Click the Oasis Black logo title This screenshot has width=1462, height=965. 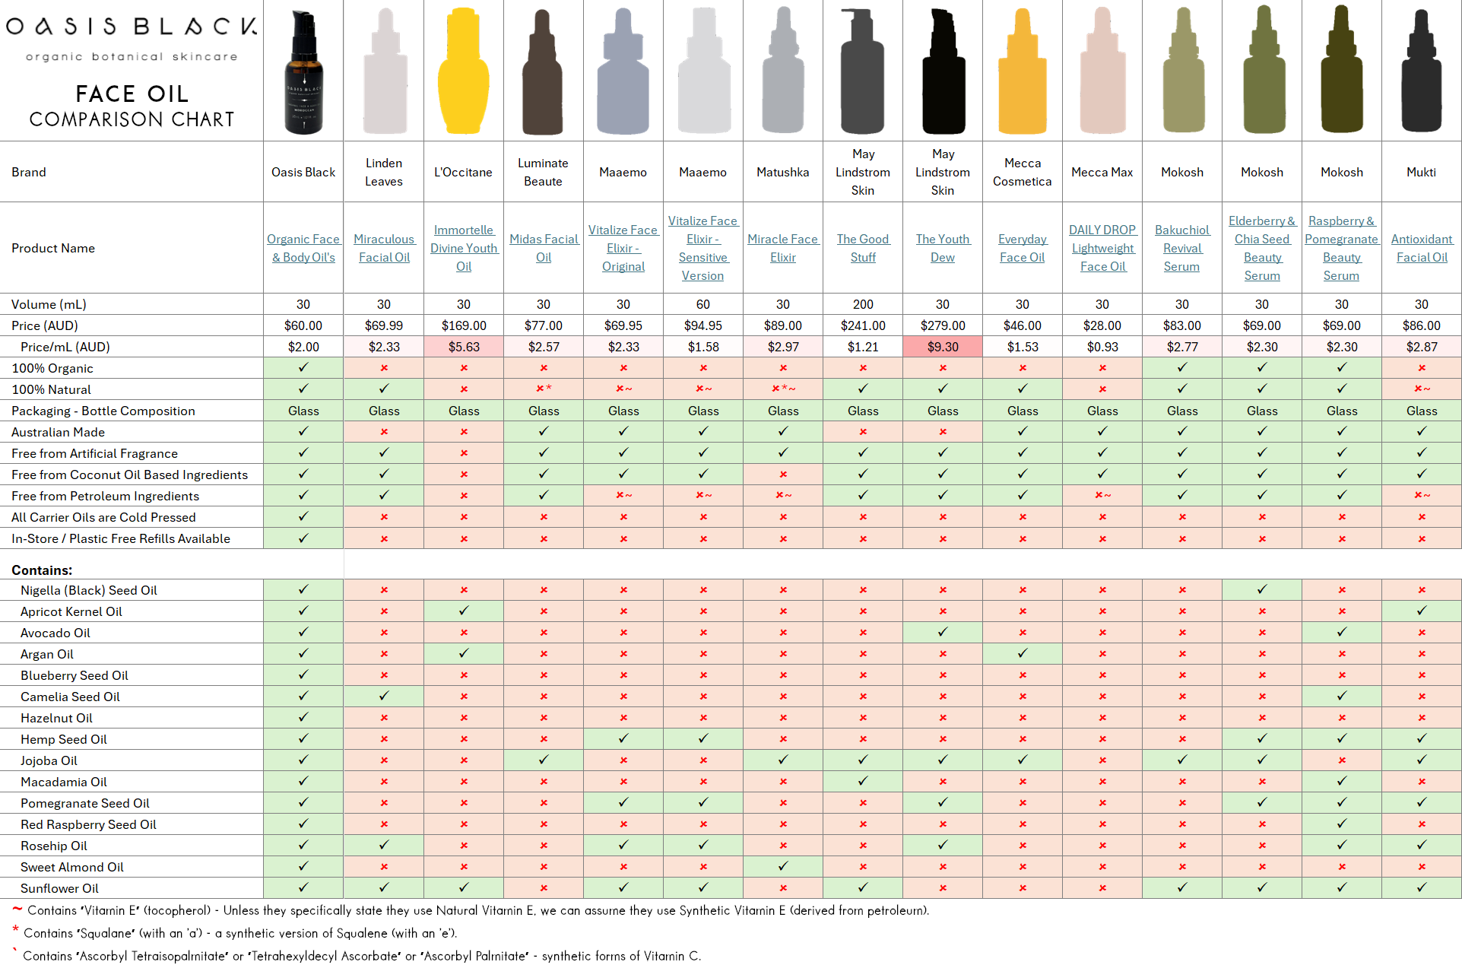[132, 27]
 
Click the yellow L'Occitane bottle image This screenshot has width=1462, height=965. [463, 72]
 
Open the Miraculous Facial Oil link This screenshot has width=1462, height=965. [384, 248]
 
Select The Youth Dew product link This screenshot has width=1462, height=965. [943, 248]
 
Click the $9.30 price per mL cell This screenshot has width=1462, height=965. [943, 347]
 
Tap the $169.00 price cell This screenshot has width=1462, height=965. [464, 325]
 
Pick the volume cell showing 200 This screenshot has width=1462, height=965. [863, 304]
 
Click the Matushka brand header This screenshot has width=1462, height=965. [782, 172]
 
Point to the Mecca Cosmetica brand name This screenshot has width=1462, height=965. [1022, 172]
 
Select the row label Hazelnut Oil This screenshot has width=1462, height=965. [56, 718]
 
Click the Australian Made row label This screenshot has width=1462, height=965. [58, 432]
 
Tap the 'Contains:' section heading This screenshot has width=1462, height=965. [42, 570]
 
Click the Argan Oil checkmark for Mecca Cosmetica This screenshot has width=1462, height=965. [1023, 653]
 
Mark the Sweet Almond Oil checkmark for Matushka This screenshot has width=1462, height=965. [783, 866]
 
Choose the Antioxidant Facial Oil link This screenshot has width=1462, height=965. [1422, 248]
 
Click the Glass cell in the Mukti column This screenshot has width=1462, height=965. [1422, 411]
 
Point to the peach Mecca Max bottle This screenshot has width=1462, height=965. [1102, 72]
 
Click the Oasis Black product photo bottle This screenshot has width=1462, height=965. [303, 72]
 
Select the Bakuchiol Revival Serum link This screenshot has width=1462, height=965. [1181, 248]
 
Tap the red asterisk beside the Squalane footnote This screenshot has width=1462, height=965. [15, 930]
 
